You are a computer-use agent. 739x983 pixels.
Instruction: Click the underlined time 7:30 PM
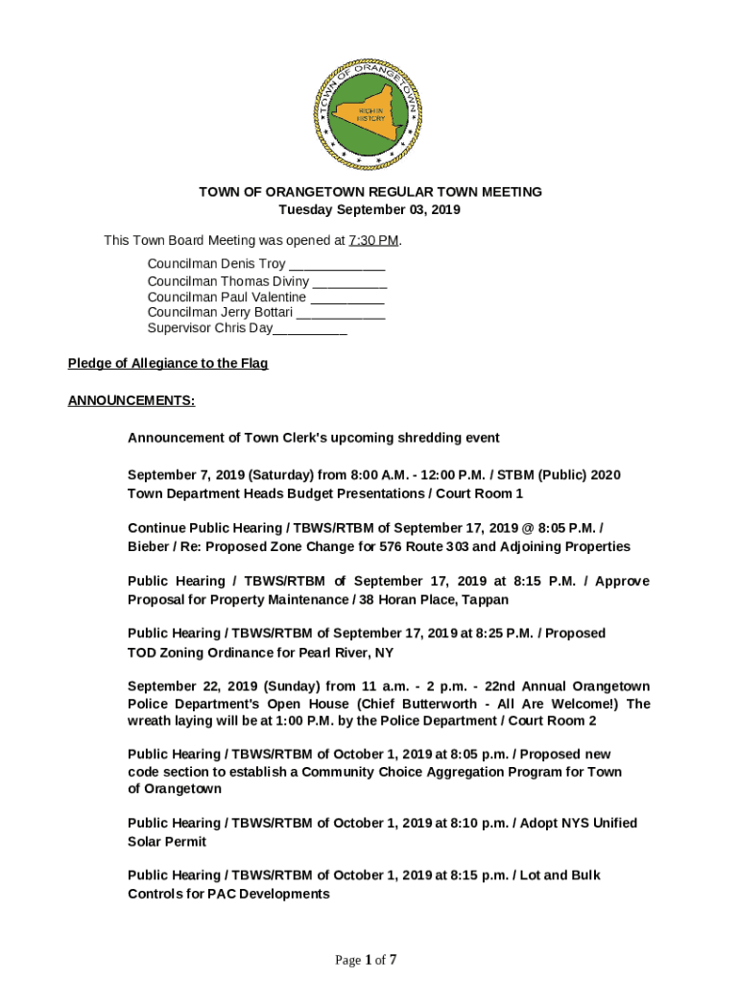point(373,240)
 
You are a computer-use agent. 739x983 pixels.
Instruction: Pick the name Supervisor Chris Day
point(209,328)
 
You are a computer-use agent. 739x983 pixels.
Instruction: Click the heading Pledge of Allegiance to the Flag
point(168,363)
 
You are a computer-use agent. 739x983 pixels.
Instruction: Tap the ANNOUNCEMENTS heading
point(131,400)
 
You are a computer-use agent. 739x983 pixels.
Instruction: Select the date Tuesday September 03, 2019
point(369,209)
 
